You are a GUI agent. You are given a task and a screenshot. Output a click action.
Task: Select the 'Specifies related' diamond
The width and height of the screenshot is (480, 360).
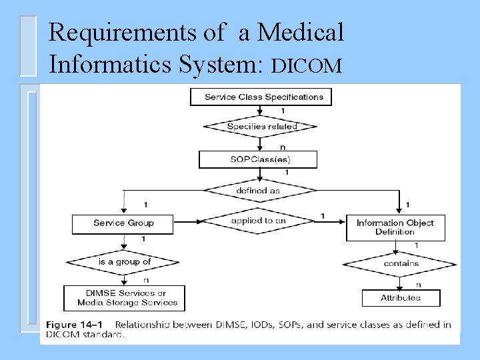pyautogui.click(x=261, y=126)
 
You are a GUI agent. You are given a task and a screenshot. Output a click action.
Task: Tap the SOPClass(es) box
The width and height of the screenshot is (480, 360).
pyautogui.click(x=258, y=159)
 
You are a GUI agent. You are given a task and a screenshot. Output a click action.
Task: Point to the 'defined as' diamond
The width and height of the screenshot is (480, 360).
pyautogui.click(x=258, y=190)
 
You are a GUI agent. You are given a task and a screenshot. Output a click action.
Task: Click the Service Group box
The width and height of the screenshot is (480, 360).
pyautogui.click(x=123, y=223)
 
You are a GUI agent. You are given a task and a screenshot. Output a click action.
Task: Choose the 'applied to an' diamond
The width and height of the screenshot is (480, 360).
pyautogui.click(x=258, y=220)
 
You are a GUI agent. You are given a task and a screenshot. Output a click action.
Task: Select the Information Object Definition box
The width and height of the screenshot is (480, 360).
pyautogui.click(x=395, y=227)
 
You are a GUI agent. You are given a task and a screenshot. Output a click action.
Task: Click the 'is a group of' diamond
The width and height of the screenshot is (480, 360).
pyautogui.click(x=124, y=262)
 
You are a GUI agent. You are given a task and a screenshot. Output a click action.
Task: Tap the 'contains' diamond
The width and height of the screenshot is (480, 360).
pyautogui.click(x=401, y=263)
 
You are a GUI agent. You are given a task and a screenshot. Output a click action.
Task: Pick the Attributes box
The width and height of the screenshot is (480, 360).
pyautogui.click(x=401, y=297)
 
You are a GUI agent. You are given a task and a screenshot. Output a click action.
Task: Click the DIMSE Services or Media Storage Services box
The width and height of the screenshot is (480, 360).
pyautogui.click(x=124, y=297)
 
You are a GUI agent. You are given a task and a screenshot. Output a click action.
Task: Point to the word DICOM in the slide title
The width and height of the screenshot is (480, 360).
pyautogui.click(x=307, y=65)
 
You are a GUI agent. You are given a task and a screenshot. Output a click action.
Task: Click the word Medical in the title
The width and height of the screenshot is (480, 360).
pyautogui.click(x=300, y=32)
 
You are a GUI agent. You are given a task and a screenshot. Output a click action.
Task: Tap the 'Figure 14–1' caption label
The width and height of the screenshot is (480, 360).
pyautogui.click(x=75, y=325)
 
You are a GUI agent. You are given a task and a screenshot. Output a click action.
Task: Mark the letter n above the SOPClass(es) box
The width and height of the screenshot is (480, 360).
pyautogui.click(x=283, y=146)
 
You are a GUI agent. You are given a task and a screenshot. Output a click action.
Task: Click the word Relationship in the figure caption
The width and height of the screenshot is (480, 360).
pyautogui.click(x=143, y=325)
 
